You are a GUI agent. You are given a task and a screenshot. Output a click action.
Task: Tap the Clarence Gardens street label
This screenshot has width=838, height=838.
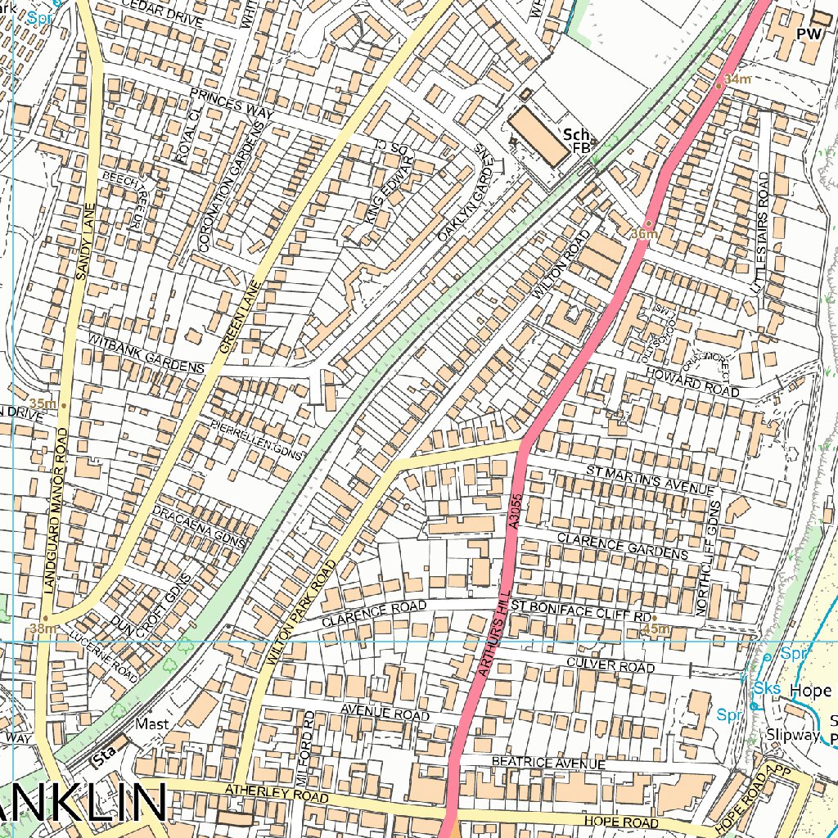(x=622, y=547)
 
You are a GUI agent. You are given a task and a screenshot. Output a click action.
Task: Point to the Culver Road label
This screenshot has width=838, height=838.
(x=610, y=665)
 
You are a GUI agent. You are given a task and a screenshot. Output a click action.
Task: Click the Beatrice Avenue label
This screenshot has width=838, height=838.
(x=548, y=763)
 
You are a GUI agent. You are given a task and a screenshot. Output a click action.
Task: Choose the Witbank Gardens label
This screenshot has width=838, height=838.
(x=146, y=354)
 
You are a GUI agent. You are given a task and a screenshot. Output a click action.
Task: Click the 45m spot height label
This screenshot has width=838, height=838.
(x=656, y=628)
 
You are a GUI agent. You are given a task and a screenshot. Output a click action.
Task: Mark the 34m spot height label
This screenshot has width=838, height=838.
(x=737, y=79)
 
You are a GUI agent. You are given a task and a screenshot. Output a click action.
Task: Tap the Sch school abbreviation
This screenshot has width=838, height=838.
(x=575, y=134)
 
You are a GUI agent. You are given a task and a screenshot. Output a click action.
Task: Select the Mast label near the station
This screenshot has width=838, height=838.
(x=152, y=724)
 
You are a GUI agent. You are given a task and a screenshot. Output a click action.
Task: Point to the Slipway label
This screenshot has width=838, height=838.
(x=792, y=735)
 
